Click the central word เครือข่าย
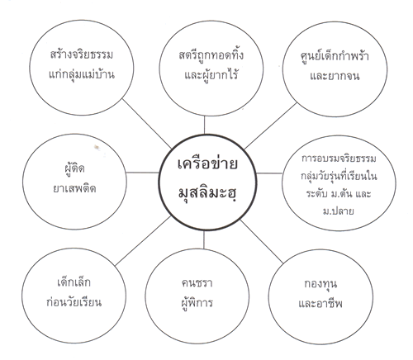pos(207,163)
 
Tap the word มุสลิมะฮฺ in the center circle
pos(207,192)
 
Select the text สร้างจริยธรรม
pos(82,54)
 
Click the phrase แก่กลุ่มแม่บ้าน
pos(82,74)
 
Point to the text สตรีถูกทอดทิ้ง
pos(211,54)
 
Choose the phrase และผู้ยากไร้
pos(211,74)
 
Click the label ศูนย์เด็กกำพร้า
pos(335,56)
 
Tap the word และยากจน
pos(335,75)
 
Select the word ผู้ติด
pos(74,168)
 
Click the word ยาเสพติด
pos(74,188)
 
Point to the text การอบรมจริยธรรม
pos(339,159)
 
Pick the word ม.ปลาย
pos(339,211)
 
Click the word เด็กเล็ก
pos(74,282)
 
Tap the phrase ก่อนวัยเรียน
pos(74,302)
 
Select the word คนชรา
pos(197,283)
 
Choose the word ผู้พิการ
pos(197,303)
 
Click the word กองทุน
pos(320,284)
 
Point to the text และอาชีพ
pos(320,303)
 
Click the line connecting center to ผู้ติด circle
pos(143,173)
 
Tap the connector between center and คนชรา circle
pos(204,239)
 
